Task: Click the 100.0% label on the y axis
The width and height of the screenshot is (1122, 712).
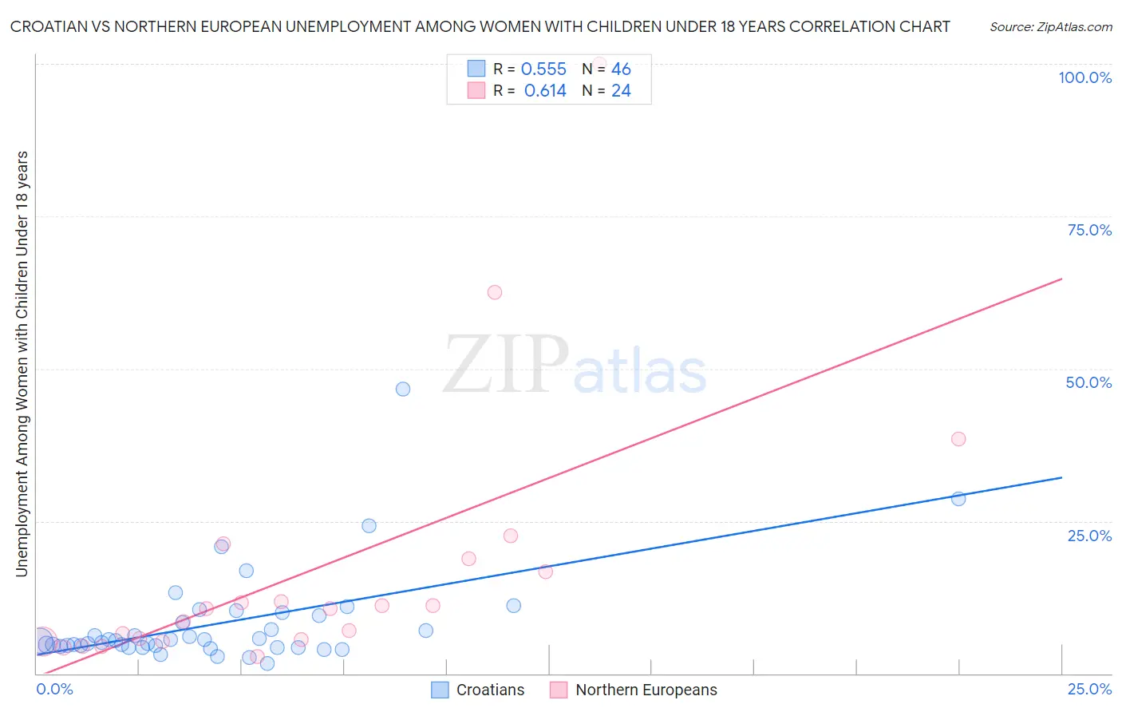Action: [1084, 77]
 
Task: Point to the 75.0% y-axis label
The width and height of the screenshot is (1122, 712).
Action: [1089, 230]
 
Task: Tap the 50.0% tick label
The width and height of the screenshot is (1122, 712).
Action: [1088, 382]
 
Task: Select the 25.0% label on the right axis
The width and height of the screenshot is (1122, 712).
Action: [1089, 535]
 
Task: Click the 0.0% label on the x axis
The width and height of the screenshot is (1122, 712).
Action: [54, 689]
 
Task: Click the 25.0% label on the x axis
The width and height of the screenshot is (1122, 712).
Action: [1089, 689]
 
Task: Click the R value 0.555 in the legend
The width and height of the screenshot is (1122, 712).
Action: [543, 69]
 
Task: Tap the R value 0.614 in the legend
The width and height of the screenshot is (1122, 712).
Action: [545, 91]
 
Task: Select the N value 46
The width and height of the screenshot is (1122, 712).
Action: [621, 69]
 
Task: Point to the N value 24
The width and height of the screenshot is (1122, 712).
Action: [621, 91]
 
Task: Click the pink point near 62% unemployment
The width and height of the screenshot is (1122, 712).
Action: [495, 292]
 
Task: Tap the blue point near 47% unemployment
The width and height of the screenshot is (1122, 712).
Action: [403, 389]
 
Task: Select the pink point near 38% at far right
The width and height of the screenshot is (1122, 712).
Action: [958, 439]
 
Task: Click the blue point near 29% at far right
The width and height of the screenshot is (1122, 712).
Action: [958, 499]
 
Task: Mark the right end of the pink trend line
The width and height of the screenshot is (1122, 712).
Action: [1061, 279]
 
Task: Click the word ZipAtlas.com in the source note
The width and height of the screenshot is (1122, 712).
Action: [1073, 27]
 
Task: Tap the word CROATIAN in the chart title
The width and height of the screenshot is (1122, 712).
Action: [49, 26]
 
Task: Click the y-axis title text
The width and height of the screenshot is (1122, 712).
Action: [22, 363]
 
